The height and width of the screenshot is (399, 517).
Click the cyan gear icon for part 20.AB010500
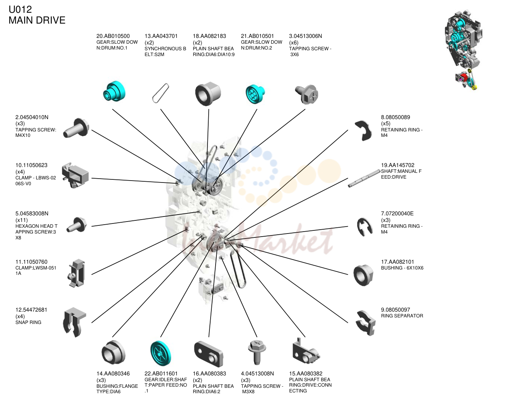(x=114, y=91)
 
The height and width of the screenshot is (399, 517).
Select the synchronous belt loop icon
(x=161, y=93)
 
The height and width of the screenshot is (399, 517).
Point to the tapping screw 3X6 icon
(x=307, y=94)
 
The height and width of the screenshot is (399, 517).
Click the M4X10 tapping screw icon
(x=76, y=128)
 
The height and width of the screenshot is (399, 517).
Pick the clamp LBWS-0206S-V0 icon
(x=75, y=175)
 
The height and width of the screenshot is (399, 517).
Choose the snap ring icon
(x=75, y=322)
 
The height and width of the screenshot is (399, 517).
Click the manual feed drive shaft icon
(x=364, y=178)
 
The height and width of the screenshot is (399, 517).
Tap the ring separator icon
(x=366, y=323)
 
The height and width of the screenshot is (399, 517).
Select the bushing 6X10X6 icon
(x=363, y=275)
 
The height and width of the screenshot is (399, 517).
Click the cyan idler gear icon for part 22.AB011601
(x=161, y=353)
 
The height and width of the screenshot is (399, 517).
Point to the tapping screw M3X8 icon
(x=257, y=352)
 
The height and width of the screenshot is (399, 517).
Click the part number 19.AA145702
(x=398, y=165)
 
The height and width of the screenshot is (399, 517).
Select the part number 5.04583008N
(x=32, y=213)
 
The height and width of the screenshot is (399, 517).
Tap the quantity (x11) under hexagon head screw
(x=22, y=220)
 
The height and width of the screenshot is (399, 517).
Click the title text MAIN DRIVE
(x=37, y=20)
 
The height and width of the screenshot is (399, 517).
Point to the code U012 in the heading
(x=20, y=10)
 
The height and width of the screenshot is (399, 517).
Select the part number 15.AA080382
(x=306, y=373)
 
